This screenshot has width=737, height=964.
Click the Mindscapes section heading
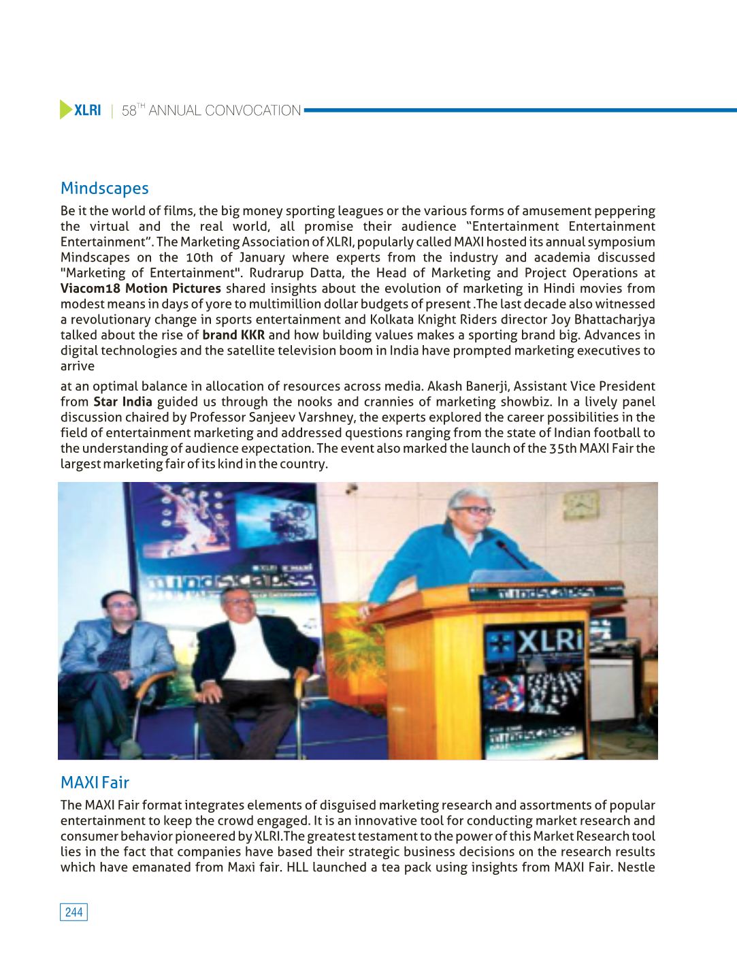pos(104,188)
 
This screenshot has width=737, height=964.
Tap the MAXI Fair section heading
pos(95,782)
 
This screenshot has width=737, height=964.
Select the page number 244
pos(73,912)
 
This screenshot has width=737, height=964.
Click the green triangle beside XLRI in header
pos(65,110)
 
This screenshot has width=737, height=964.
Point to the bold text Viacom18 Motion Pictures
pos(140,288)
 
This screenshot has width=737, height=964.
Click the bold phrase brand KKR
pos(233,334)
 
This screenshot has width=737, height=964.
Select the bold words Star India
pos(122,402)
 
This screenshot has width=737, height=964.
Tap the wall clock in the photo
pos(582,504)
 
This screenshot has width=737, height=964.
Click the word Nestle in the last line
pos(636,867)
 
